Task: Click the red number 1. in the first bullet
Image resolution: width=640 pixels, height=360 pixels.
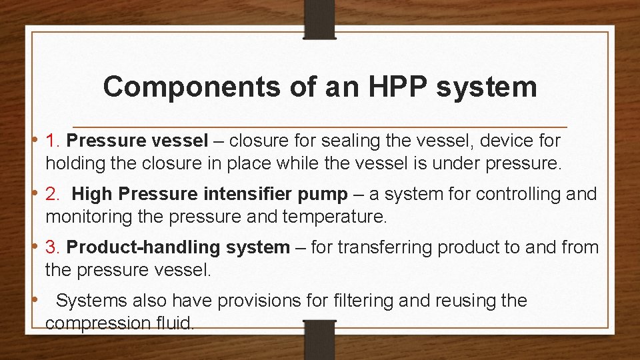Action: coord(53,141)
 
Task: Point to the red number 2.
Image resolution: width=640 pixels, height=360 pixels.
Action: coord(53,194)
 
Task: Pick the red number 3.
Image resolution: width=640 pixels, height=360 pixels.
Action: coord(53,247)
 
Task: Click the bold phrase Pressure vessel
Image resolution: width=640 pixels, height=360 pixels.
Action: coord(137,141)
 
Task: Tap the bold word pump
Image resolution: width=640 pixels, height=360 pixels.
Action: coord(325,194)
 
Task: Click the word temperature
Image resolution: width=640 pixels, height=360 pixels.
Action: coord(341,217)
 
